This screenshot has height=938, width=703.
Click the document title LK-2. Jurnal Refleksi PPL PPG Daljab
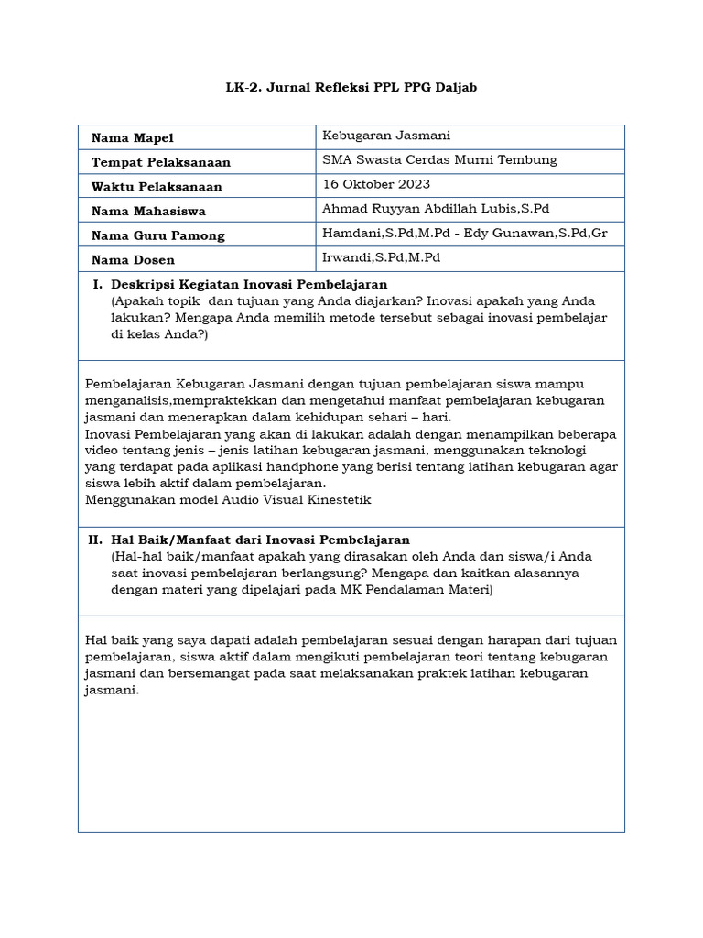point(351,88)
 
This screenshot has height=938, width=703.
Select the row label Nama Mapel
point(133,137)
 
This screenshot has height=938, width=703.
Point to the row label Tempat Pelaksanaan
point(161,162)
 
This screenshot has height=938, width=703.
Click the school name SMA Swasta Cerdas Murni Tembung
point(439,159)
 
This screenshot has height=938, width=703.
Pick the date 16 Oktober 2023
point(376,184)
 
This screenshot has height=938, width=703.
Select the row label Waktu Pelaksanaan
point(157,187)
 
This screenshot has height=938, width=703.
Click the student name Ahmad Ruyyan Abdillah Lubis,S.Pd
point(436,209)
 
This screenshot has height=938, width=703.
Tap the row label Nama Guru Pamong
point(158,235)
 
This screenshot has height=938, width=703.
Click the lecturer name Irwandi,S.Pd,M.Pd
point(382,257)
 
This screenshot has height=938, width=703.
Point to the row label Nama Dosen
point(133,260)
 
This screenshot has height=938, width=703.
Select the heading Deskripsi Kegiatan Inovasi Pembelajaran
point(249,285)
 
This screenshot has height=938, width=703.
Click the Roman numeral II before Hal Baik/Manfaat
point(94,540)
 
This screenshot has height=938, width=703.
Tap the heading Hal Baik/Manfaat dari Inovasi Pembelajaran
point(260,540)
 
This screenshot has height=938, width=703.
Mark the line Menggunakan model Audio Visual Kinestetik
point(228,499)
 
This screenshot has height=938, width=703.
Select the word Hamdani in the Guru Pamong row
point(350,233)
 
